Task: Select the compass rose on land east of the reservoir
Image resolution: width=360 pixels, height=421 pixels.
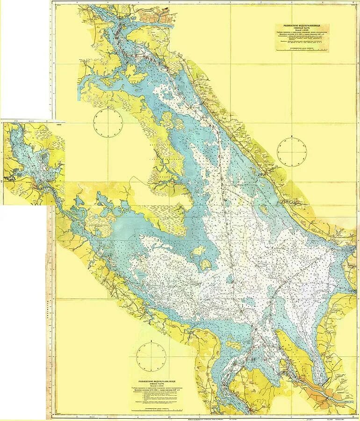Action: (x=292, y=151)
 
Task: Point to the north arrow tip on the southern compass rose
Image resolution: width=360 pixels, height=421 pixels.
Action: (x=151, y=345)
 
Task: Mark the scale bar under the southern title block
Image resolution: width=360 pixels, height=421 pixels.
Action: (x=158, y=410)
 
